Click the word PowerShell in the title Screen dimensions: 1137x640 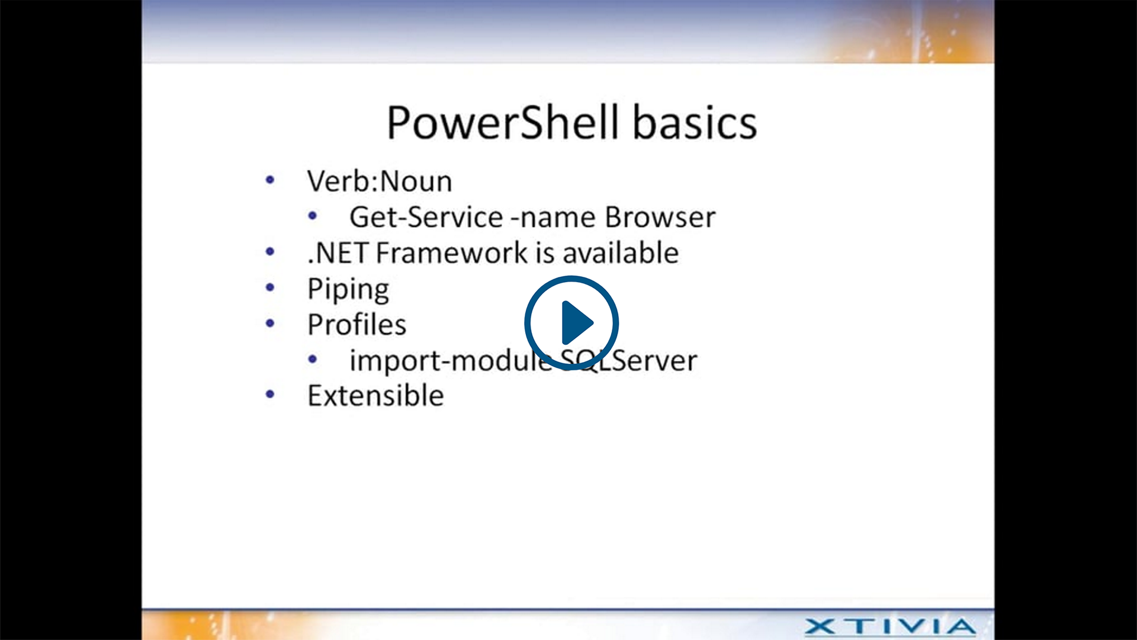pos(503,123)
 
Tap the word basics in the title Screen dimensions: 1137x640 pos(695,123)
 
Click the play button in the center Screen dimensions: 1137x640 pos(571,323)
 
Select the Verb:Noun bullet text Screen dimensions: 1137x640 pos(380,181)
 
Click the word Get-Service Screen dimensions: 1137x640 pos(426,217)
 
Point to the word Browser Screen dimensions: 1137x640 pos(660,217)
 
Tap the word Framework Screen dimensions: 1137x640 pos(452,253)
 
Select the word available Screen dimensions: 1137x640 pos(620,253)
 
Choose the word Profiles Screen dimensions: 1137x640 pos(357,324)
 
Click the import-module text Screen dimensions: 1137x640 pos(451,361)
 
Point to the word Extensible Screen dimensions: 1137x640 pos(375,395)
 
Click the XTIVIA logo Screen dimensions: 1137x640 pos(890,626)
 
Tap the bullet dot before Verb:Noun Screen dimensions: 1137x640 pos(270,180)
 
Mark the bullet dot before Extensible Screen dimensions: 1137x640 pos(270,394)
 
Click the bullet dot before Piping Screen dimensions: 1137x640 pos(270,287)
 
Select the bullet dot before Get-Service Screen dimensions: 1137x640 pos(313,216)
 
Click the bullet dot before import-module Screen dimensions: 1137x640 pos(313,359)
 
